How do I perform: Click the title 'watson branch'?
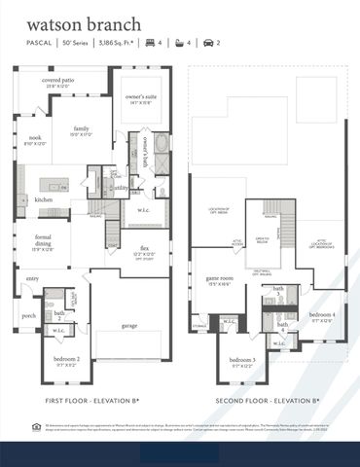(x=84, y=22)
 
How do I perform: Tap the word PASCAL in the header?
(x=38, y=44)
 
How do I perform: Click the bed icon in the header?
(x=151, y=44)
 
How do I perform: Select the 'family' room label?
(x=82, y=128)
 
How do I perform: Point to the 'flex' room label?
(x=144, y=247)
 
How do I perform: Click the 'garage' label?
(x=128, y=325)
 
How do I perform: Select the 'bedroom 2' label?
(x=66, y=359)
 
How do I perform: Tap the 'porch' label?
(x=28, y=314)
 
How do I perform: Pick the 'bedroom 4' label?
(x=323, y=314)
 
